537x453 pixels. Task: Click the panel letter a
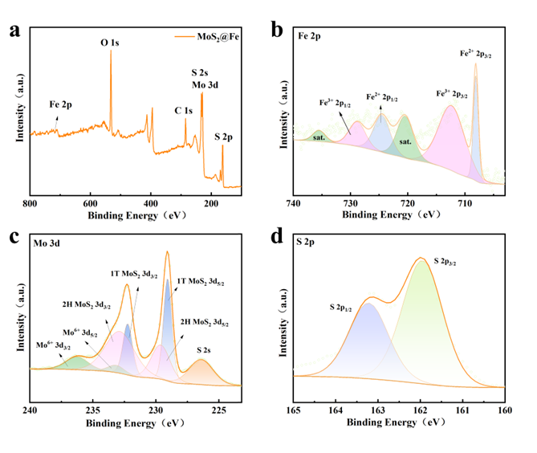14,31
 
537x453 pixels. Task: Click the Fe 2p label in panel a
63,104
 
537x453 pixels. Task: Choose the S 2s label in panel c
216,350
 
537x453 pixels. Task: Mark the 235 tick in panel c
93,409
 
